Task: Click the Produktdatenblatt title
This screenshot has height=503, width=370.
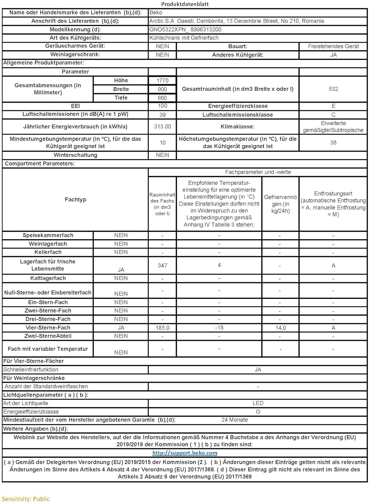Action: (185, 4)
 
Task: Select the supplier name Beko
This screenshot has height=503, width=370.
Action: (156, 13)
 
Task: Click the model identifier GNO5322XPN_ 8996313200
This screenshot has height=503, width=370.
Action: (185, 30)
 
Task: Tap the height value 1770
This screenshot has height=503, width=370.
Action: (162, 81)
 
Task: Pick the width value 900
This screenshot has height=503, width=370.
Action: (162, 90)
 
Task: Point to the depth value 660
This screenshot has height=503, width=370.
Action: (162, 98)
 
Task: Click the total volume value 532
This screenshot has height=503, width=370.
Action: (333, 89)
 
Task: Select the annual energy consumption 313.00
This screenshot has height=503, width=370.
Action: (162, 127)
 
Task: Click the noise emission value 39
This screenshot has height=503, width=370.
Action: (162, 115)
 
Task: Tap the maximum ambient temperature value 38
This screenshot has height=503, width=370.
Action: (333, 143)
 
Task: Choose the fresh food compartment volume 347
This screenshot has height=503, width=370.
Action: (162, 266)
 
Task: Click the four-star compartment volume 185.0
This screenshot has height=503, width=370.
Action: (162, 328)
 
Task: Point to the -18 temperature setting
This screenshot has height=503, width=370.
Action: (219, 328)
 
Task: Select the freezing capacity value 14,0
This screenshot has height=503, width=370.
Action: (280, 328)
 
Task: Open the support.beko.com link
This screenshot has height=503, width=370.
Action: (185, 453)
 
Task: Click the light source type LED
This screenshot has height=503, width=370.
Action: (258, 403)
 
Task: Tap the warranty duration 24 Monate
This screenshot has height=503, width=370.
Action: (234, 420)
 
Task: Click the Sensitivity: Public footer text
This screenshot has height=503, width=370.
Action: (26, 499)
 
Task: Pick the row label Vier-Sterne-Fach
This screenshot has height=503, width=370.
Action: (48, 328)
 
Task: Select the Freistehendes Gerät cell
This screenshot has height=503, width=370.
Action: (333, 46)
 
